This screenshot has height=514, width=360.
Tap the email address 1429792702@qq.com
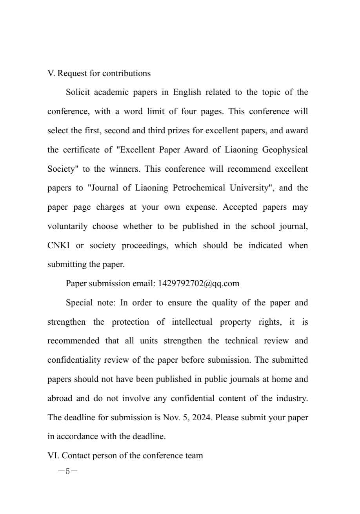pos(198,283)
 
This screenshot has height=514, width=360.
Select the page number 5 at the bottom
pos(67,471)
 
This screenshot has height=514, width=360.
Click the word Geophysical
pos(284,150)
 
